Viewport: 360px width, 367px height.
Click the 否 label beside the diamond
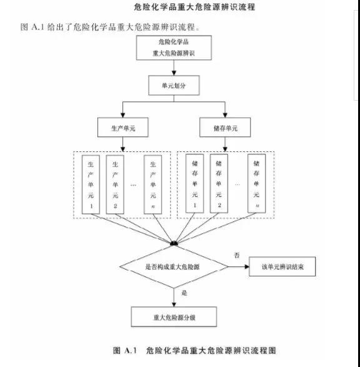pyautogui.click(x=237, y=255)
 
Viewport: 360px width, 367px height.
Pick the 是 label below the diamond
pyautogui.click(x=184, y=293)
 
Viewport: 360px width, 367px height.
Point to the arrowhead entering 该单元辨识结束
pyautogui.click(x=247, y=266)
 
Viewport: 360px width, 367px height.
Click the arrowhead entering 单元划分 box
pyautogui.click(x=174, y=73)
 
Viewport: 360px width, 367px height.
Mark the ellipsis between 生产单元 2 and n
pyautogui.click(x=133, y=185)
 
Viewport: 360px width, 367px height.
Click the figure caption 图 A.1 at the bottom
pyautogui.click(x=124, y=350)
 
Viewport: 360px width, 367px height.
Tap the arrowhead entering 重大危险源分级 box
pyautogui.click(x=174, y=304)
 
